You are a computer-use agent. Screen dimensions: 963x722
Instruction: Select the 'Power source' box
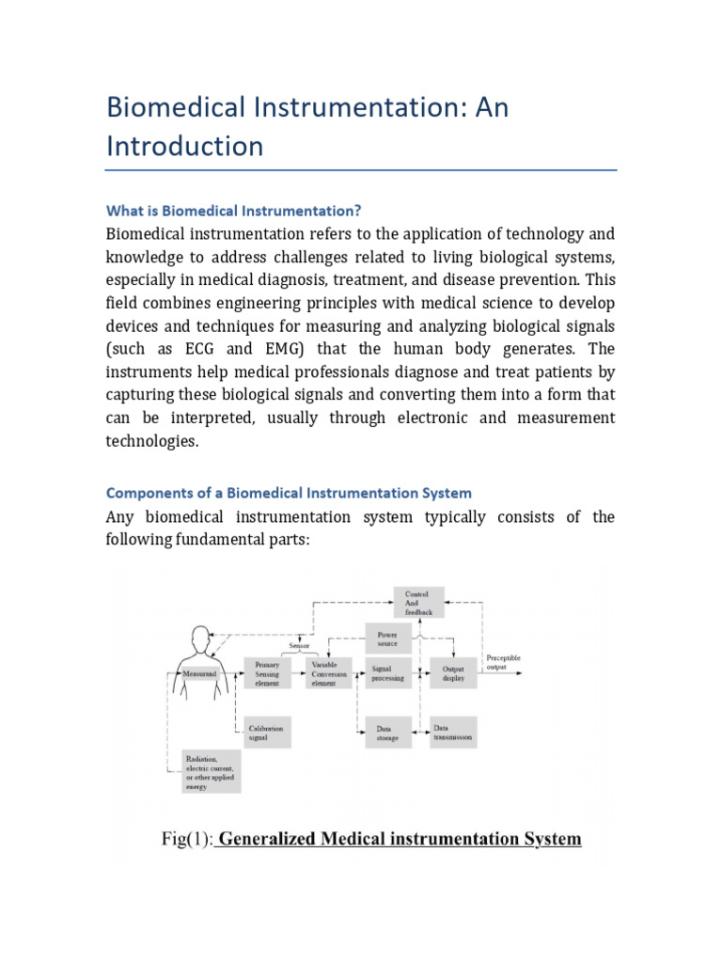[x=387, y=639]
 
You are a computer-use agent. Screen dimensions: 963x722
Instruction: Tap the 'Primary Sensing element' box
[x=268, y=672]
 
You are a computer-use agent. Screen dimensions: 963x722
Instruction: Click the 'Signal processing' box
[x=387, y=672]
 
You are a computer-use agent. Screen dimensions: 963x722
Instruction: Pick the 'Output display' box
[x=453, y=672]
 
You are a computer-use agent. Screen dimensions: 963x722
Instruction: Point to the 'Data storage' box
[x=387, y=733]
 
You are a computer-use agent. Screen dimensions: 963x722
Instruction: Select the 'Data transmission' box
[x=453, y=733]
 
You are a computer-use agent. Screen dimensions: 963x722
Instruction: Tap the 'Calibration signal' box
[x=267, y=733]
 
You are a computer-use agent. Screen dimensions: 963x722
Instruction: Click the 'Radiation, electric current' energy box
[x=211, y=772]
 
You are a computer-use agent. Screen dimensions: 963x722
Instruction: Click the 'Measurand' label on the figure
[x=199, y=674]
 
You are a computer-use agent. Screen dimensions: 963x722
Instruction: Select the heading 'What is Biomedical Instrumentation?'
[x=233, y=209]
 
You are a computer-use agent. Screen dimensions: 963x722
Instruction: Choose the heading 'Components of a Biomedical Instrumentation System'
[x=289, y=493]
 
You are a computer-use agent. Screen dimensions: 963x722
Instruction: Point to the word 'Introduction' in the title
[x=184, y=147]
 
